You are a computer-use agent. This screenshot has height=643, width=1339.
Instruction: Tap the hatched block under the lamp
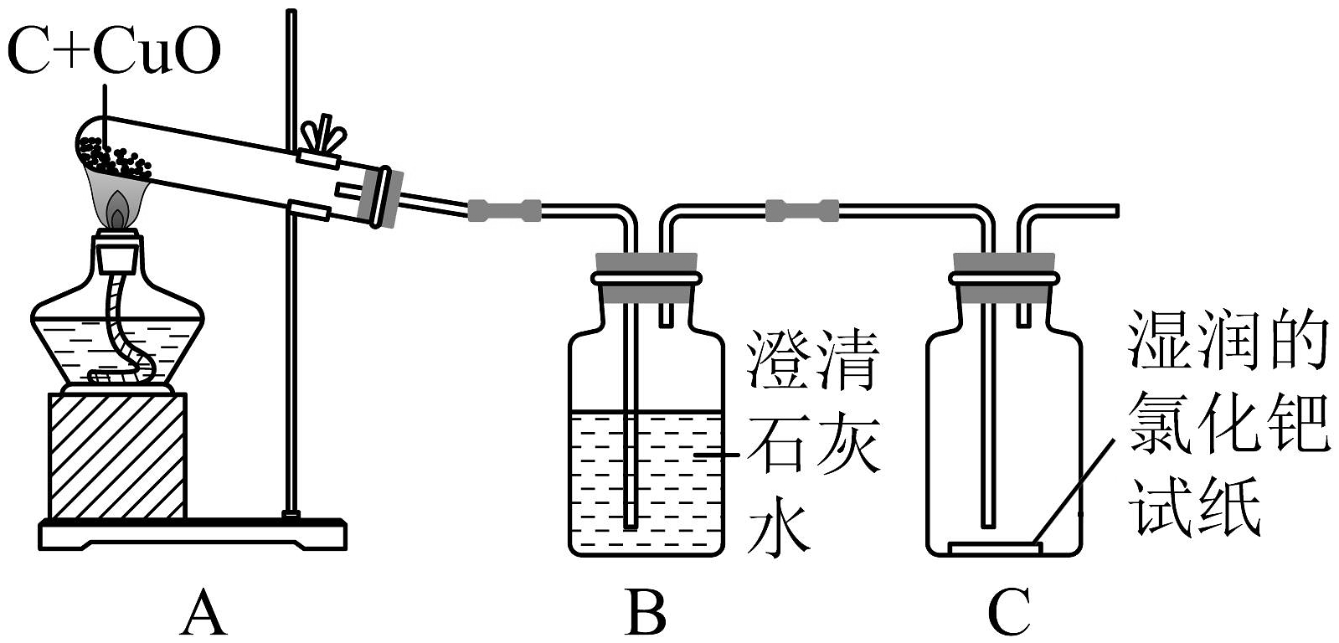coord(117,456)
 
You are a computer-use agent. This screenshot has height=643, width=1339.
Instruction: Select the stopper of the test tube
coord(387,198)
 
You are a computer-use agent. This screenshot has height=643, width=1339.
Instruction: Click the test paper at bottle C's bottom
coord(995,548)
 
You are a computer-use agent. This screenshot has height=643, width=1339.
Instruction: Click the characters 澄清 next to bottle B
coord(812,362)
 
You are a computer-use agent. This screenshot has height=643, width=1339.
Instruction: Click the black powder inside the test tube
coord(113,157)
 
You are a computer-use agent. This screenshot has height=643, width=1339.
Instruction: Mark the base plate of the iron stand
coord(193,533)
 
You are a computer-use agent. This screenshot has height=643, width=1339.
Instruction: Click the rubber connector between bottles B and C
coord(801,209)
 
